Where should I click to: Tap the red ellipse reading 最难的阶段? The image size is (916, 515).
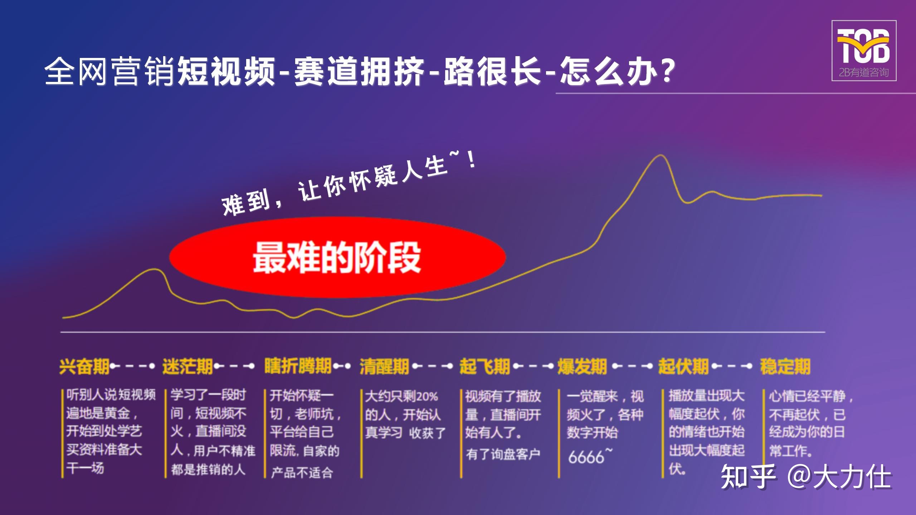click(337, 257)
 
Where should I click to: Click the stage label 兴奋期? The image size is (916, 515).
click(84, 367)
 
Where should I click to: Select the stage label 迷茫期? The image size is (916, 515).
click(187, 367)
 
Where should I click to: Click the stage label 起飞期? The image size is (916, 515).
click(484, 367)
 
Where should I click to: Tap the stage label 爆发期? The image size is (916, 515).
click(582, 367)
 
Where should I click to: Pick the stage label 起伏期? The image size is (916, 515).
click(683, 367)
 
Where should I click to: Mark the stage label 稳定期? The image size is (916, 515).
click(785, 367)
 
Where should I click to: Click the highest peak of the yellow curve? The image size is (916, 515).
click(660, 156)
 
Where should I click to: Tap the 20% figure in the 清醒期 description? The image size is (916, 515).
click(427, 397)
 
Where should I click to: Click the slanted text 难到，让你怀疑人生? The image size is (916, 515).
click(349, 182)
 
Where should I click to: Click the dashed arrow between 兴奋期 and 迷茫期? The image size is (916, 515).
click(132, 366)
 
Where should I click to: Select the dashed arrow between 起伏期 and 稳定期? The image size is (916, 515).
click(731, 366)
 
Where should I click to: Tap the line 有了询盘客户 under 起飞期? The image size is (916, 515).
click(503, 455)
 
